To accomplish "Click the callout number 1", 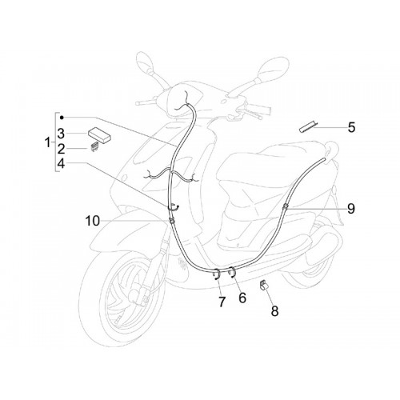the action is [47, 142].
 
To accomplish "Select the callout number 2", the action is [61, 149].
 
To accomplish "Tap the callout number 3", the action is [61, 134].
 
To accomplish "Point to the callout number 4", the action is [61, 163].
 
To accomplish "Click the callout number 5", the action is [352, 127].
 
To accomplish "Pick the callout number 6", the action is [242, 298].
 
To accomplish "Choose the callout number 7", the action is [222, 302].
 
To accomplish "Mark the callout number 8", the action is [274, 311].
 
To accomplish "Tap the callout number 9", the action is [351, 209].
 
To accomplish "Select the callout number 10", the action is [93, 221].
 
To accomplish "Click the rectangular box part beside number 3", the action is [100, 134].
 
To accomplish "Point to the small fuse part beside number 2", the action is [93, 147].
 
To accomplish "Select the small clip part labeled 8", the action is [264, 285].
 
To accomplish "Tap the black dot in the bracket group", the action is [62, 117].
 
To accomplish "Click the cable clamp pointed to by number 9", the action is [286, 206].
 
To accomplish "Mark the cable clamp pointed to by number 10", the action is [171, 220].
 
